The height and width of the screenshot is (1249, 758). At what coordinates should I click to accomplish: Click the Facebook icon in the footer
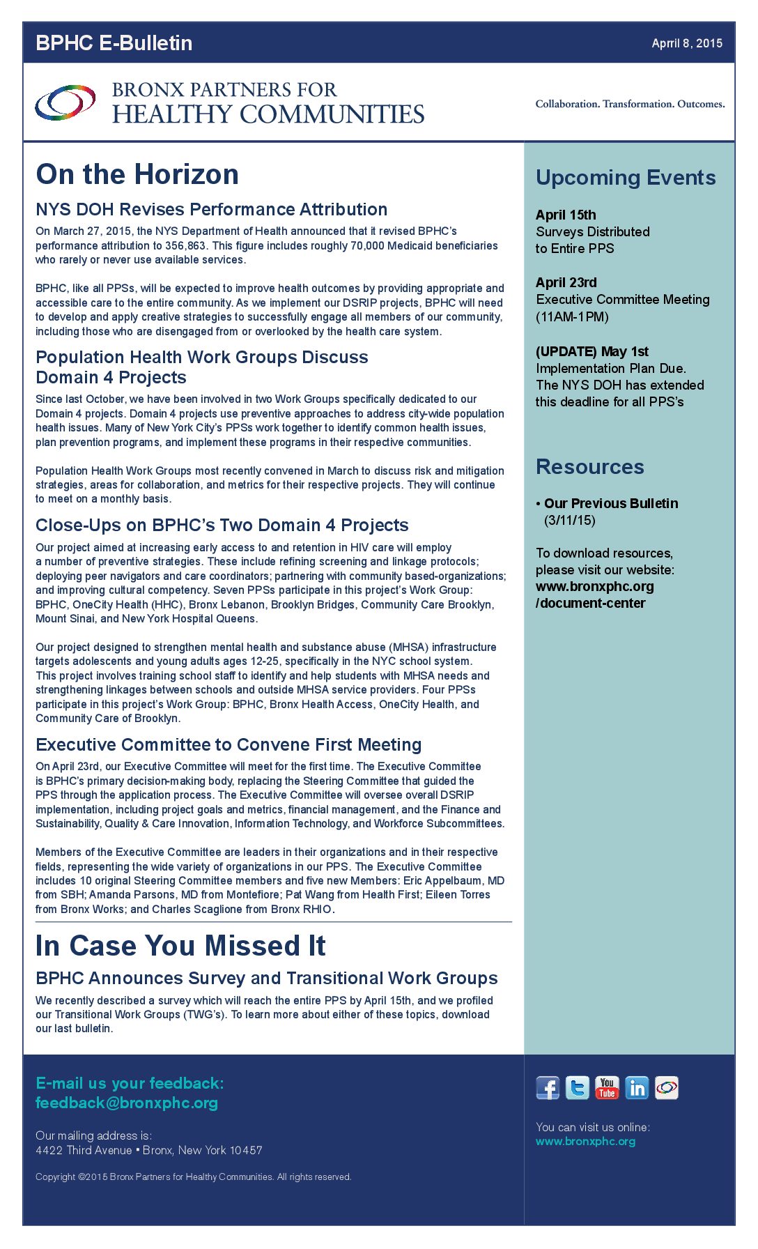point(548,1088)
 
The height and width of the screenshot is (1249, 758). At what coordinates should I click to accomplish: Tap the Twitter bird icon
point(577,1088)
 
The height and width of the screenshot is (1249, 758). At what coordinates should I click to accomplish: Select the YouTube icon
point(607,1088)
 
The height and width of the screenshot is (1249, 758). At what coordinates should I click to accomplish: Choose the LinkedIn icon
point(637,1088)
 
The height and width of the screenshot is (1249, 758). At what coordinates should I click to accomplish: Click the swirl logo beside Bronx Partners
point(65,102)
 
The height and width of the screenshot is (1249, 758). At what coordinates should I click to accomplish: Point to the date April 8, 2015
point(687,43)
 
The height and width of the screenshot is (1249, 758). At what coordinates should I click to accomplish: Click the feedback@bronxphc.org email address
point(127,1103)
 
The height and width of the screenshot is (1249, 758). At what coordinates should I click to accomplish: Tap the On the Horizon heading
point(137,174)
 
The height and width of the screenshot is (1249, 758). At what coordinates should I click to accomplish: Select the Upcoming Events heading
point(626,178)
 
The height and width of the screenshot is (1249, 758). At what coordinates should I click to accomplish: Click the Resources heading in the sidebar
point(590,467)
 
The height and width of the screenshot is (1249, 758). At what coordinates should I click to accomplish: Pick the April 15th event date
point(566,215)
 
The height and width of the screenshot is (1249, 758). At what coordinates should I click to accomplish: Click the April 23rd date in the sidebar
point(566,282)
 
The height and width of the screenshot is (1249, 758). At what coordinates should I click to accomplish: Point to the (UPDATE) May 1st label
point(592,351)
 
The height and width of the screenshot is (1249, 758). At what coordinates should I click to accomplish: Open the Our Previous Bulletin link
point(611,503)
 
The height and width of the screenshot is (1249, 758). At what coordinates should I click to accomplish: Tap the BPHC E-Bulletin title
point(114,43)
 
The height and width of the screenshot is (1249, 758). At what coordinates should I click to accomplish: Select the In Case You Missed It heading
point(180,946)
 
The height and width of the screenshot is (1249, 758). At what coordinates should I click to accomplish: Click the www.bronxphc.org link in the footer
point(585,1141)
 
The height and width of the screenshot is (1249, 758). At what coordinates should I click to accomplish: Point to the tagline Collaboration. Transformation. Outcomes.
point(630,104)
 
